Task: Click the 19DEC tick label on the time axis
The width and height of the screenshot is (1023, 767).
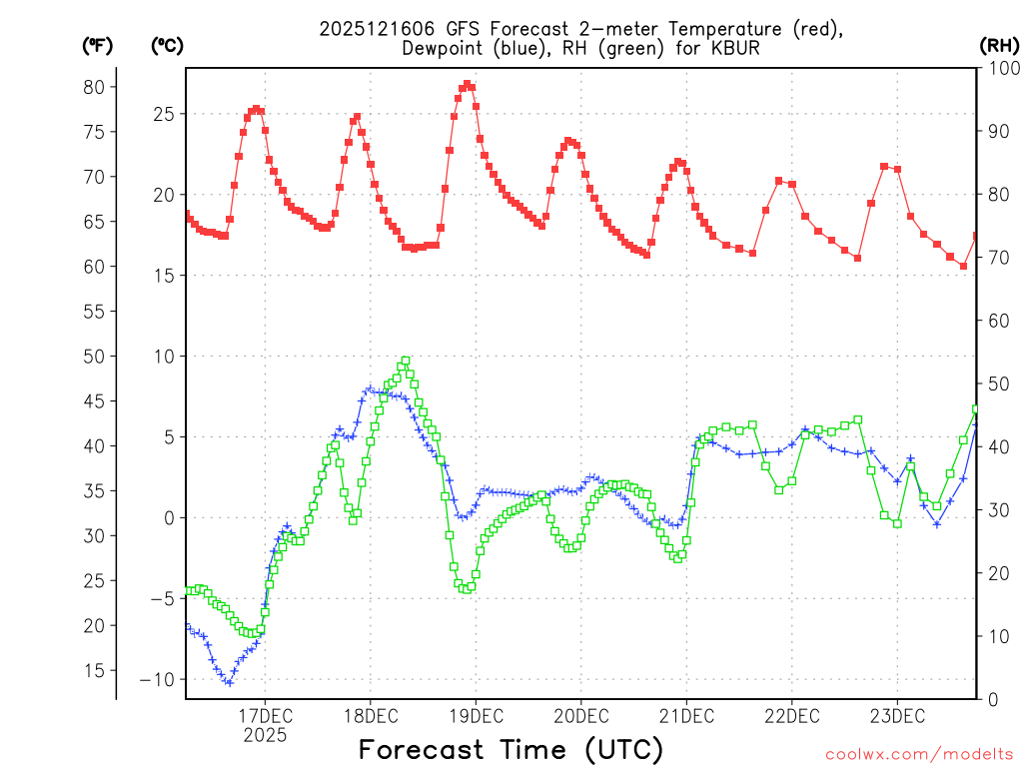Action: (x=476, y=716)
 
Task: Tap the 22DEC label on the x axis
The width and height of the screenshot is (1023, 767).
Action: (x=791, y=716)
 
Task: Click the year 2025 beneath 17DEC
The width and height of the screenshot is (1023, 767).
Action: (x=265, y=735)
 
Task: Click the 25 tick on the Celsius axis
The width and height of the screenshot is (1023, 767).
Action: (x=162, y=114)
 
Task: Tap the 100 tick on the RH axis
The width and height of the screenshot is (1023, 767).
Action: (x=1000, y=68)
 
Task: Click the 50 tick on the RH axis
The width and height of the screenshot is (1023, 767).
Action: (x=996, y=383)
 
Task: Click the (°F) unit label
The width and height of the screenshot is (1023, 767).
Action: (x=97, y=45)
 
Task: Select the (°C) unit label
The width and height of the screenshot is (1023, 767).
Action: (x=167, y=45)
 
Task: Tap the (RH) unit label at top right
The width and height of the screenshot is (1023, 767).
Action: (x=999, y=45)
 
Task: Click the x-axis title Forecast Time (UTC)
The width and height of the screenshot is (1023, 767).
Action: (x=511, y=749)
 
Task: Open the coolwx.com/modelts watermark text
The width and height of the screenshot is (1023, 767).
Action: (x=919, y=753)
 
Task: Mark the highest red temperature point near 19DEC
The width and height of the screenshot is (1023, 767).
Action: (x=467, y=84)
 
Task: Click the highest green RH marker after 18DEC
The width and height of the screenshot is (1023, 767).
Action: (x=406, y=361)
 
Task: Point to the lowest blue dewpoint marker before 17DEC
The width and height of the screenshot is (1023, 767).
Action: (x=229, y=683)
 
